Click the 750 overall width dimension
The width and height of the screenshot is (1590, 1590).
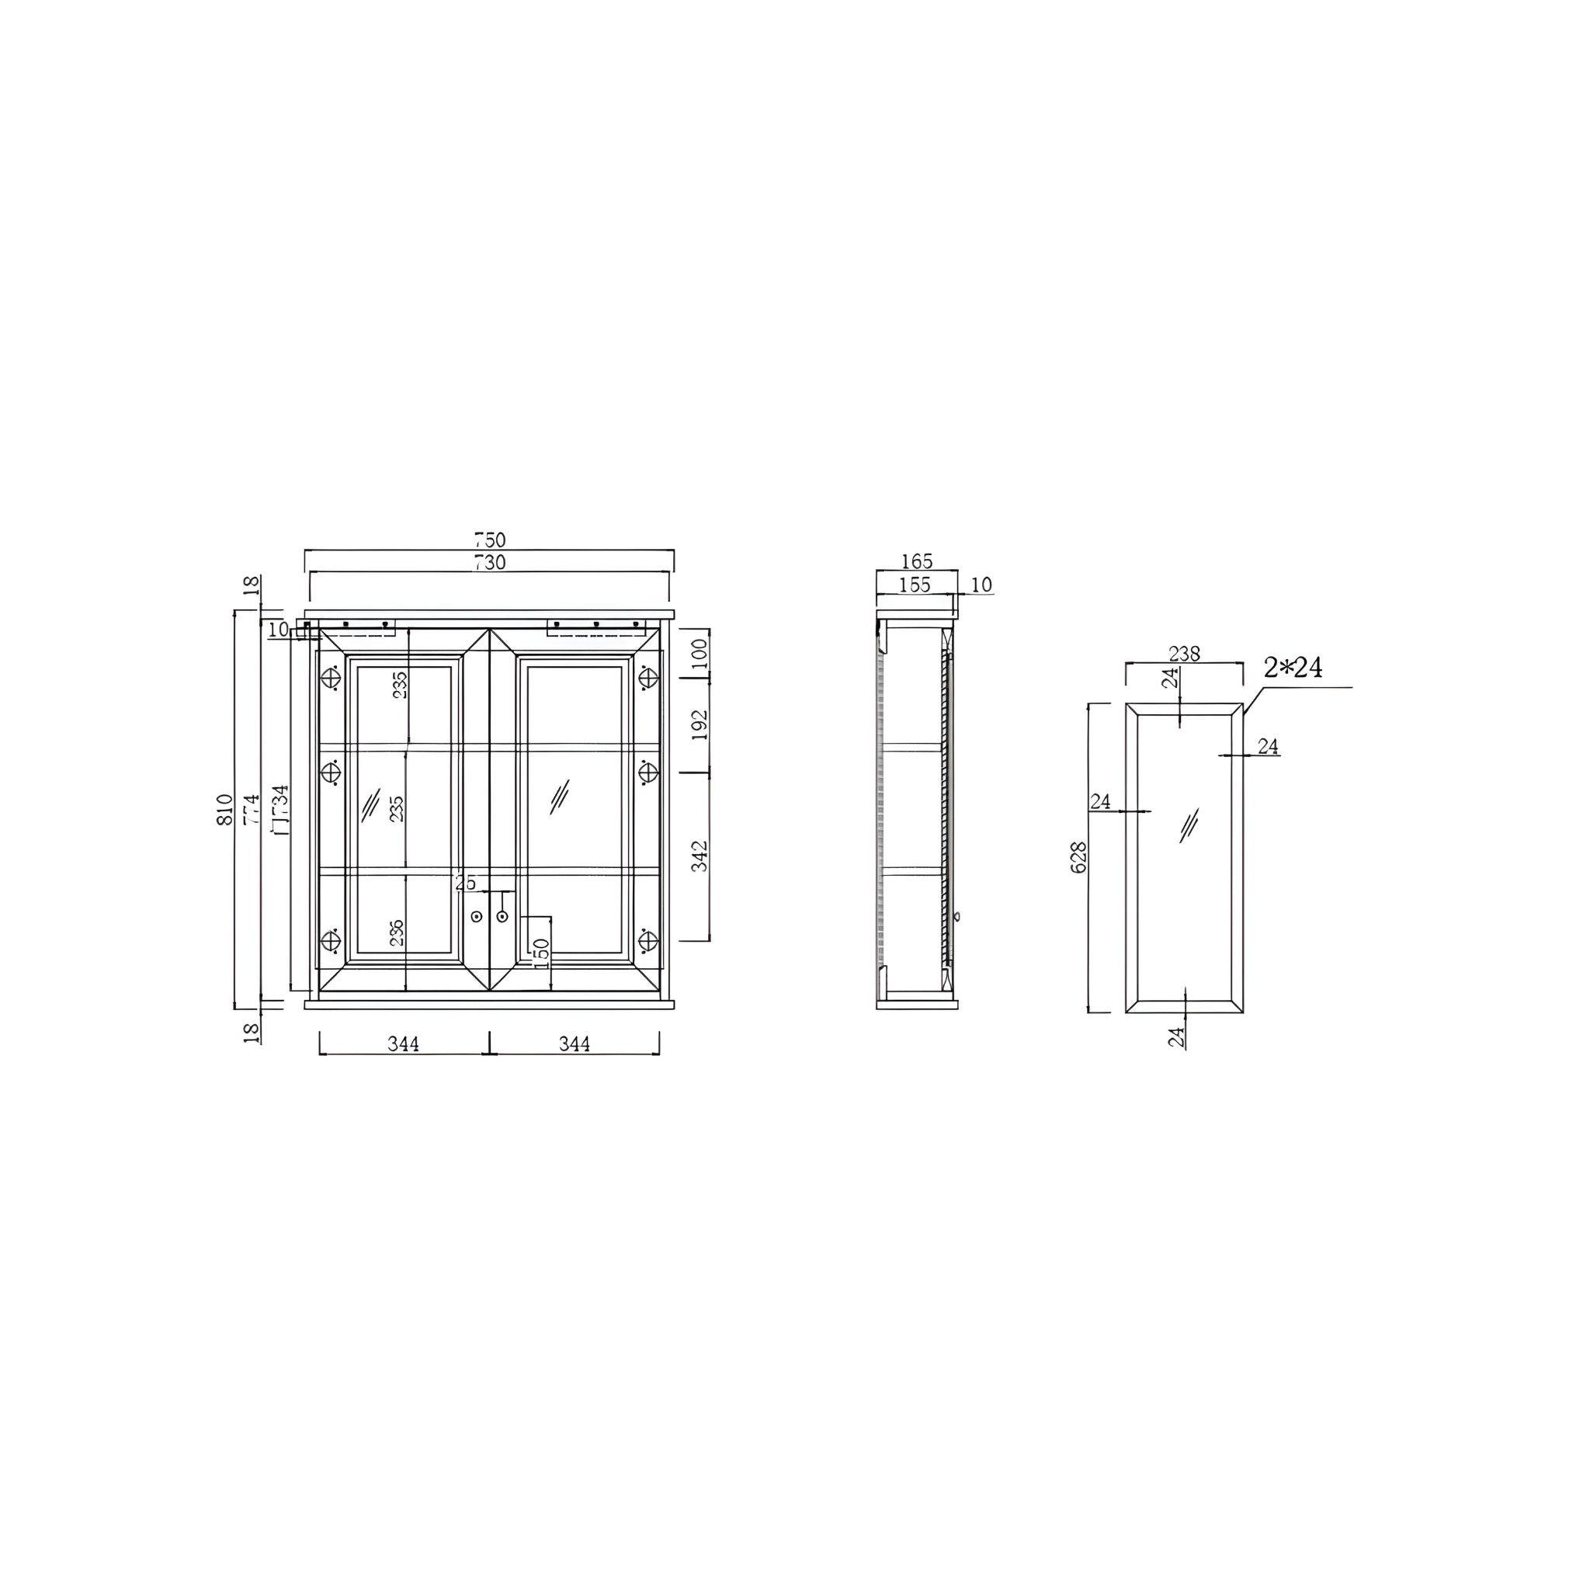tap(489, 540)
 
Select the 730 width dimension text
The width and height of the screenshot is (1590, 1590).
tap(489, 563)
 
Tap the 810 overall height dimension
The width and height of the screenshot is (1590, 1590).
tap(225, 810)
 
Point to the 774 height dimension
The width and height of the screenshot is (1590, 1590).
tap(251, 810)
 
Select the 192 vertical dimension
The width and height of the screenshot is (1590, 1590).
tap(700, 724)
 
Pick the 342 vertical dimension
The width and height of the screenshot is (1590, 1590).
tap(700, 856)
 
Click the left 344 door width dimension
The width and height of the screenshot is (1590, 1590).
tap(403, 1043)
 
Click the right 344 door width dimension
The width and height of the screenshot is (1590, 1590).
tap(575, 1043)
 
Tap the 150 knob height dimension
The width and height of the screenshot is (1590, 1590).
tap(540, 953)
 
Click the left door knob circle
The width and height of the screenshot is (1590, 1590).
tap(477, 916)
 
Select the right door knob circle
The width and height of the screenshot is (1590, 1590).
tap(502, 916)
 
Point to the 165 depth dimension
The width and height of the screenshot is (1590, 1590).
tap(916, 561)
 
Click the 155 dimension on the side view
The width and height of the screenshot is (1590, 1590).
tap(915, 585)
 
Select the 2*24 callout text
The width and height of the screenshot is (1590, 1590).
tap(1293, 668)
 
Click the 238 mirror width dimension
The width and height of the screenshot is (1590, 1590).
tap(1183, 654)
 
